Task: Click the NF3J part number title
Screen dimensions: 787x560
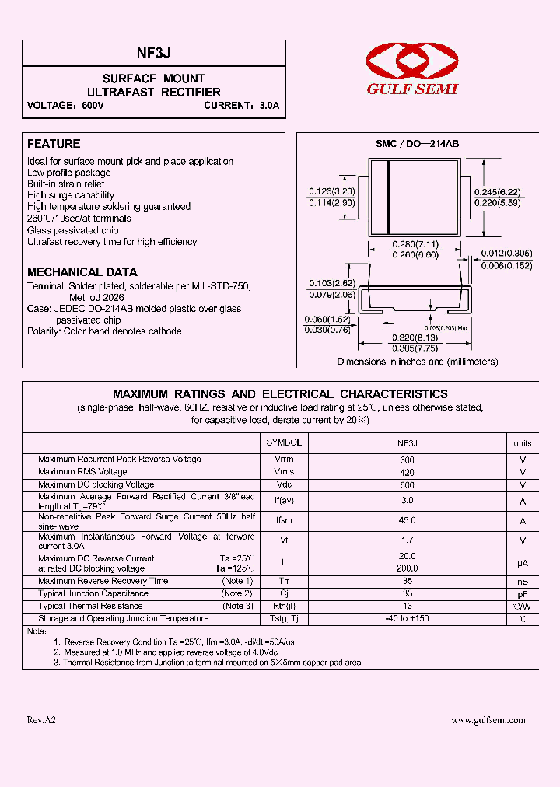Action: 154,53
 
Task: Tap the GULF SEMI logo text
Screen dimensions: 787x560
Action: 412,89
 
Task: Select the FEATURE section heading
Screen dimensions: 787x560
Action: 54,144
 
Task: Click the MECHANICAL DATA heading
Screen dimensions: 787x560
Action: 82,272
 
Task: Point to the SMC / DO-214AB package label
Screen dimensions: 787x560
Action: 417,145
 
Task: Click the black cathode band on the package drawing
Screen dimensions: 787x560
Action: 388,197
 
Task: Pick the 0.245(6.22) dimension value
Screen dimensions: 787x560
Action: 499,192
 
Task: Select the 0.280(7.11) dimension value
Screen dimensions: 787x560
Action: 415,245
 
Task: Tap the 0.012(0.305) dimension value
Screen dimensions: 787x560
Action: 506,254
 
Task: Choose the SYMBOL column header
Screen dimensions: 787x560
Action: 284,442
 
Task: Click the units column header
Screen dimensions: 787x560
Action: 523,443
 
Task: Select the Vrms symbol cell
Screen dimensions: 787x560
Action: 284,472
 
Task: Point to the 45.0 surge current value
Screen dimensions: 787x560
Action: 407,521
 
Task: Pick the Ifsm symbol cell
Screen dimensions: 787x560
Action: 284,521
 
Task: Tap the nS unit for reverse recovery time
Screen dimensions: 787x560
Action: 523,582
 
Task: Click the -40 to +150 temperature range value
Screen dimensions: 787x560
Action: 407,619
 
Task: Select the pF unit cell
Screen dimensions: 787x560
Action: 523,594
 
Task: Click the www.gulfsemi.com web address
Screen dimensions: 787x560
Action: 488,720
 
